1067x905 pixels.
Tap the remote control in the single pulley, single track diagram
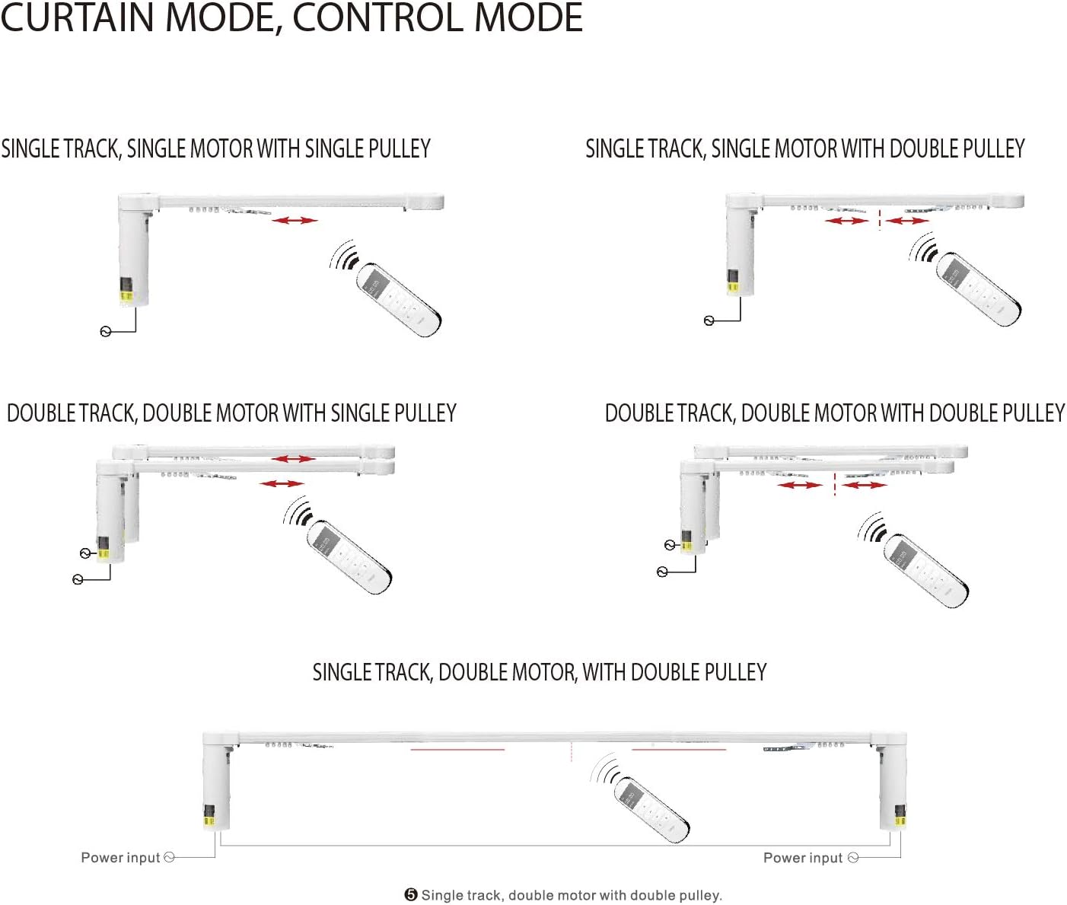pos(399,299)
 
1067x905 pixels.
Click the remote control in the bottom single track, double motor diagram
pos(651,809)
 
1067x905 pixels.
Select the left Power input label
pos(120,858)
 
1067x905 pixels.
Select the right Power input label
pos(802,858)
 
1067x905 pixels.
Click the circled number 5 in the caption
pos(411,895)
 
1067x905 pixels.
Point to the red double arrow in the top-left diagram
pos(295,220)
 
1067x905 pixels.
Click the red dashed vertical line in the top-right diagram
pos(879,219)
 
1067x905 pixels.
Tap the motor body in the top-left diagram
pos(134,251)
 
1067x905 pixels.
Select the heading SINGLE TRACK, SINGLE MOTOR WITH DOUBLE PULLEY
pos(804,148)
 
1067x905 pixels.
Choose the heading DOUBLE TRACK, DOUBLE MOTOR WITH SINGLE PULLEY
pos(231,413)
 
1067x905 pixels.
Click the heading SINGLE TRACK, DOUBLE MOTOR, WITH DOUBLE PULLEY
pos(539,673)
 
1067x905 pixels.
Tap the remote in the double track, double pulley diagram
pos(925,571)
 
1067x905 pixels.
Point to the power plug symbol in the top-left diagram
pos(106,331)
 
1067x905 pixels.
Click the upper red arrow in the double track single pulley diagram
pos(293,459)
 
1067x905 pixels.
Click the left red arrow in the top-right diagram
pos(846,221)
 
